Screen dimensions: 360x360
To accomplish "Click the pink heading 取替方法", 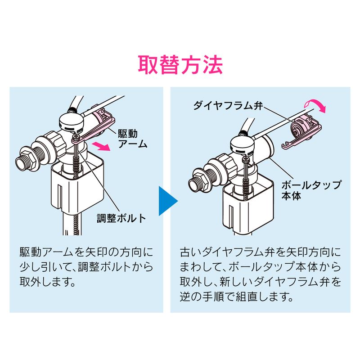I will [180, 65].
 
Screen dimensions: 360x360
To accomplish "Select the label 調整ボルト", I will [122, 219].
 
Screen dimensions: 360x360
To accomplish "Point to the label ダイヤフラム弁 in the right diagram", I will [227, 106].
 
